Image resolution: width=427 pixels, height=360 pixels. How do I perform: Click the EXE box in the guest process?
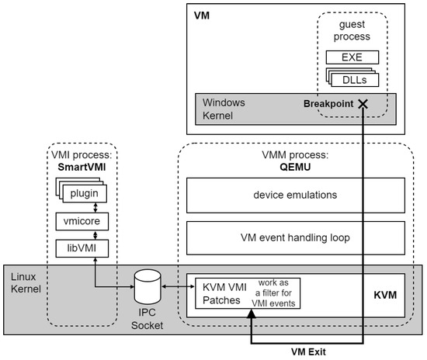[x=352, y=57]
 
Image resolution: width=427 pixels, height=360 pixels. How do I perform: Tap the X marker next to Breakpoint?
[x=363, y=104]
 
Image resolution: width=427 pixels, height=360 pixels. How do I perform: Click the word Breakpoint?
[x=328, y=104]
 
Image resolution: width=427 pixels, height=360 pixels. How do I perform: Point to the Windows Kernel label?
[x=224, y=109]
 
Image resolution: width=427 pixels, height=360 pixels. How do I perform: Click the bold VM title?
[x=202, y=16]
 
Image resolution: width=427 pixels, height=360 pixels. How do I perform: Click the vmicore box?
[x=82, y=221]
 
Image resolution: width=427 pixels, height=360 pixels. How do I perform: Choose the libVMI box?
[x=82, y=248]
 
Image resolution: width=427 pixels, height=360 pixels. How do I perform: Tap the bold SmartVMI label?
[x=82, y=167]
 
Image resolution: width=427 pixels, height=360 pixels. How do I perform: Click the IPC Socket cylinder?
[x=148, y=286]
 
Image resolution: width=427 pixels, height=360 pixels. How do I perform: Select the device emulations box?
[x=296, y=195]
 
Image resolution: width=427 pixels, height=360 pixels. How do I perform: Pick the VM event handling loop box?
[x=296, y=238]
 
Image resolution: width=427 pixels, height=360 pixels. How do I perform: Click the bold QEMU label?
[x=295, y=167]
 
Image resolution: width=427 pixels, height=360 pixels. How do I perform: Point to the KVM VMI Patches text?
[x=224, y=293]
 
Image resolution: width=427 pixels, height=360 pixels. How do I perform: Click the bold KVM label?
[x=385, y=295]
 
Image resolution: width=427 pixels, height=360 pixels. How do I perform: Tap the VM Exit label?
[x=308, y=351]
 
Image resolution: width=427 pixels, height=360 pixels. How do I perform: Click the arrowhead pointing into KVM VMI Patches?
[x=251, y=313]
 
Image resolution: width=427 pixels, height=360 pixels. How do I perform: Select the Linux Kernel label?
[x=26, y=282]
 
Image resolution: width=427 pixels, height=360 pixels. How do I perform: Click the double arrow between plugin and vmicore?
[x=95, y=208]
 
